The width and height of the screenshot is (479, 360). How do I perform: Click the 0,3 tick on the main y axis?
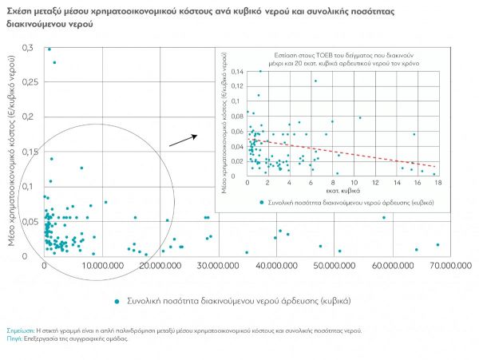pos(29,48)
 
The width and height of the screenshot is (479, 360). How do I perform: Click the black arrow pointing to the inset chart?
pos(183,140)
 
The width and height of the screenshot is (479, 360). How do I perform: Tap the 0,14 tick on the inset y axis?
pos(236,72)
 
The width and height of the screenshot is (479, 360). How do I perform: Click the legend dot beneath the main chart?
pos(117,301)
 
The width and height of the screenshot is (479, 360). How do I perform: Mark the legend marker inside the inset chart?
pos(263,203)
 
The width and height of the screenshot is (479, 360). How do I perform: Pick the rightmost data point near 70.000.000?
pos(437,244)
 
